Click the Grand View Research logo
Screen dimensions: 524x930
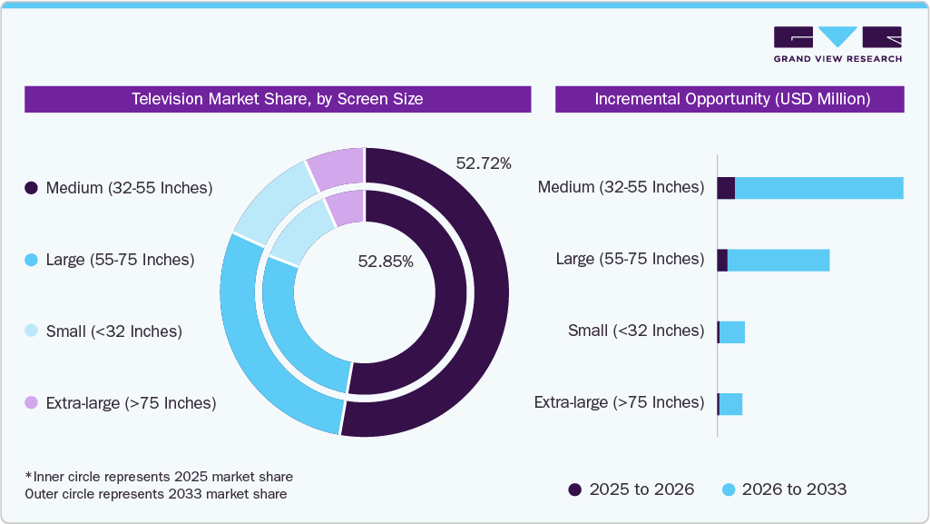click(837, 44)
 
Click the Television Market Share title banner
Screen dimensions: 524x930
click(277, 99)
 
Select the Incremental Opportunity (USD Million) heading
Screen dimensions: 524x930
click(730, 99)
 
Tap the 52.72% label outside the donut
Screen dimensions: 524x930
click(483, 164)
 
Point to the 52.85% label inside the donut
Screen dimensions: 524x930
click(386, 262)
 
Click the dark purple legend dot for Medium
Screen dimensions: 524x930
click(31, 188)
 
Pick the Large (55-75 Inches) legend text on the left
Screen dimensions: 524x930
click(120, 260)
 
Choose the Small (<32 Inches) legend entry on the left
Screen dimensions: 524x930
click(113, 331)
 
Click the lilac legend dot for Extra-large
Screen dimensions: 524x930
click(31, 402)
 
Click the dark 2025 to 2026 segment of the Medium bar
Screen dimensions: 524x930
click(726, 188)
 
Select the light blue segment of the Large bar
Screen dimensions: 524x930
click(778, 260)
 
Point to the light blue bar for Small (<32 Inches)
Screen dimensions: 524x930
click(732, 332)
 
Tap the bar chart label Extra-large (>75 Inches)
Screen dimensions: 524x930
click(619, 402)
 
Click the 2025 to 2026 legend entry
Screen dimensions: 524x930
click(631, 489)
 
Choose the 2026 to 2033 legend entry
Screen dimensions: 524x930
click(784, 489)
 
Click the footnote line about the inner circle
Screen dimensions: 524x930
click(159, 476)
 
